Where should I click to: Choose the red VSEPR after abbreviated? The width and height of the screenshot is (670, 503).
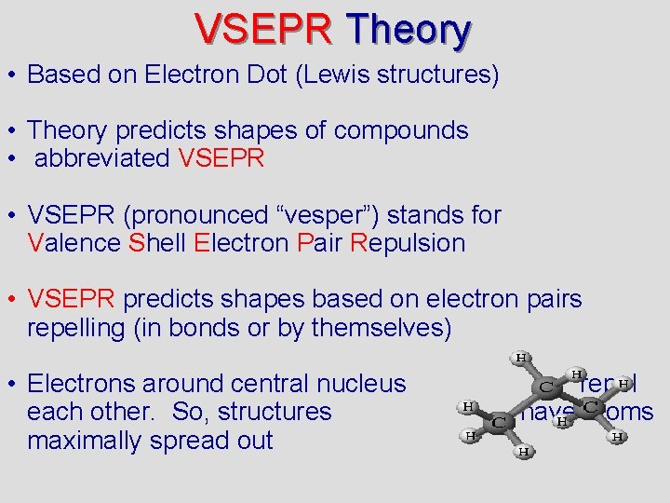tap(221, 158)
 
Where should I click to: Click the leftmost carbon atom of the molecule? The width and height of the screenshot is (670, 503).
tap(498, 424)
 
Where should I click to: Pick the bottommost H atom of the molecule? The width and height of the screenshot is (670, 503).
tap(524, 452)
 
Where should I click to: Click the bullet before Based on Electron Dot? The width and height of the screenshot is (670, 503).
tap(14, 75)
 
